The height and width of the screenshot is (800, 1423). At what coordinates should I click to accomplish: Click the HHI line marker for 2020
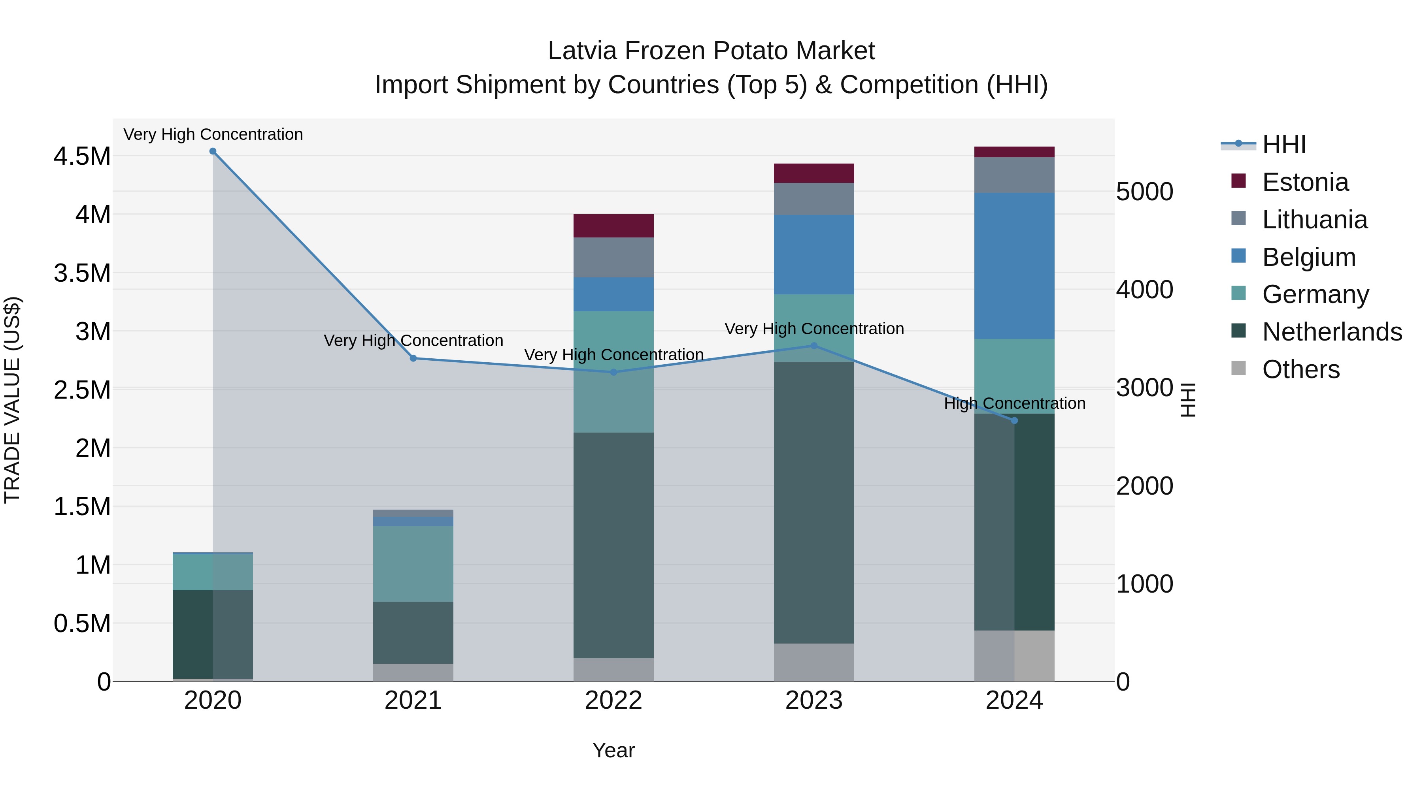tap(213, 151)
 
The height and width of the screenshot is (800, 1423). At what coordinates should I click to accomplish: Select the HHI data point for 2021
tap(413, 358)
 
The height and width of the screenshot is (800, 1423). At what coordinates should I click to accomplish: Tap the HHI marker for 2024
tap(1014, 421)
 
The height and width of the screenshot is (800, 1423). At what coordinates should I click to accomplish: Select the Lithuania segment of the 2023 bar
tap(814, 199)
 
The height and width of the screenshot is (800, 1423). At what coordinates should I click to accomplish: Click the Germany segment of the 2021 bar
tap(413, 564)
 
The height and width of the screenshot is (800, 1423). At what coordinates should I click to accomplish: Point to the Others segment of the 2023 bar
tap(814, 662)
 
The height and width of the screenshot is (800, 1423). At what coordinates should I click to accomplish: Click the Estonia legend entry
tap(1305, 182)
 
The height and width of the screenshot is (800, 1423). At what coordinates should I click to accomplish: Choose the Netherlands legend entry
tap(1332, 332)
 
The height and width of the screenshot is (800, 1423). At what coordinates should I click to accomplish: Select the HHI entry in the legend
tap(1284, 145)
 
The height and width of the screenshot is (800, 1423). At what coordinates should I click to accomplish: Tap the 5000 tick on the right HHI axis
tap(1145, 192)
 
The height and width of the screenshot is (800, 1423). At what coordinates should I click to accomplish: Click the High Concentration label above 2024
tap(1014, 404)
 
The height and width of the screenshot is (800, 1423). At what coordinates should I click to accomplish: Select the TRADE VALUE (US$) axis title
tap(12, 400)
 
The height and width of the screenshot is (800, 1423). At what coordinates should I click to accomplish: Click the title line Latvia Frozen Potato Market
tap(711, 51)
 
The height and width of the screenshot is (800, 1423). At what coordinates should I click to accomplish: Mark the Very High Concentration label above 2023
tap(814, 329)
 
